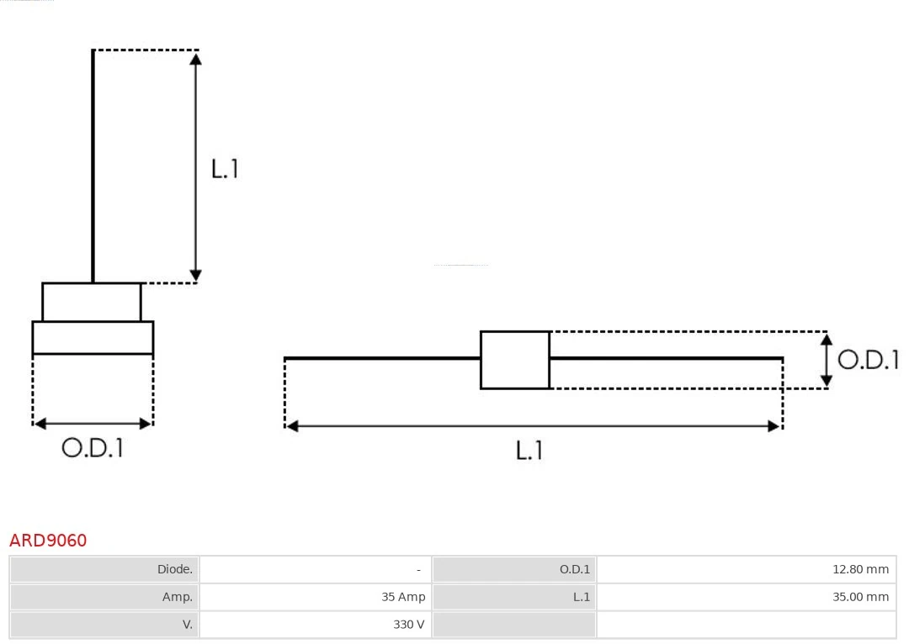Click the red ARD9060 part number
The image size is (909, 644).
48,540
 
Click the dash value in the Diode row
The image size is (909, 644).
418,570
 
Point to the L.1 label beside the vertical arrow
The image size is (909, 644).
225,169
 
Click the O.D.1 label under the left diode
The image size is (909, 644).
93,448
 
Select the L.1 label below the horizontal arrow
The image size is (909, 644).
529,451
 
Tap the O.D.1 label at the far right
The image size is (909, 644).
868,360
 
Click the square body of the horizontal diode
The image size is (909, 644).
515,360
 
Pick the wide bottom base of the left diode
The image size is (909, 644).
93,337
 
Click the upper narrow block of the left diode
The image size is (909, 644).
92,302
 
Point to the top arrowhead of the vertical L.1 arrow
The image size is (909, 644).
195,58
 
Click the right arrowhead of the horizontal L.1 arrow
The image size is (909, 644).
774,426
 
